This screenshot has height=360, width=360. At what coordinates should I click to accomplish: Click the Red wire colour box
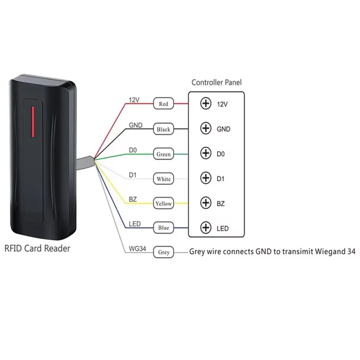(x=163, y=104)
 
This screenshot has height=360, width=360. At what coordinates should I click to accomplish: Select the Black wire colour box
(x=163, y=129)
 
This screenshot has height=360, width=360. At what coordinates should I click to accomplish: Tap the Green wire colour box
(x=163, y=154)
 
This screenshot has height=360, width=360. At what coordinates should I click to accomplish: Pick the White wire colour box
(x=163, y=179)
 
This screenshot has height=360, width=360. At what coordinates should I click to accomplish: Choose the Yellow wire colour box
(x=163, y=203)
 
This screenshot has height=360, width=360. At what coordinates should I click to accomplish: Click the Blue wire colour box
(x=163, y=228)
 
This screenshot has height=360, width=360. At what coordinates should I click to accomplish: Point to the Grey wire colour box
(x=164, y=252)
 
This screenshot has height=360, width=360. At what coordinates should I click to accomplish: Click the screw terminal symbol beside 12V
(x=206, y=104)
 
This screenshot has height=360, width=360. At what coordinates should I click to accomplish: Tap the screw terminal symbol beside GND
(x=206, y=129)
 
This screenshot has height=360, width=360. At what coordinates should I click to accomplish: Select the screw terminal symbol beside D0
(x=206, y=153)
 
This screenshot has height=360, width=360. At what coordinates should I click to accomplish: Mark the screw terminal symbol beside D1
(x=206, y=178)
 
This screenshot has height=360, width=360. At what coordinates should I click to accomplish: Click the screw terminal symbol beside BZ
(x=206, y=203)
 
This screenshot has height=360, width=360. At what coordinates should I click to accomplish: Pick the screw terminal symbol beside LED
(x=206, y=228)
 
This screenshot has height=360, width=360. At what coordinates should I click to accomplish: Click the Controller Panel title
(x=216, y=82)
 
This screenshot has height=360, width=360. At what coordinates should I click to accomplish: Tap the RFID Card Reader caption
(x=37, y=248)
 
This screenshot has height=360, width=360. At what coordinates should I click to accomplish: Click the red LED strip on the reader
(x=32, y=121)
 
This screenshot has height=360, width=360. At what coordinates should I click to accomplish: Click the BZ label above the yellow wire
(x=133, y=198)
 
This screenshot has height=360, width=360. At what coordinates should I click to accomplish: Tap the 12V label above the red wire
(x=134, y=100)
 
